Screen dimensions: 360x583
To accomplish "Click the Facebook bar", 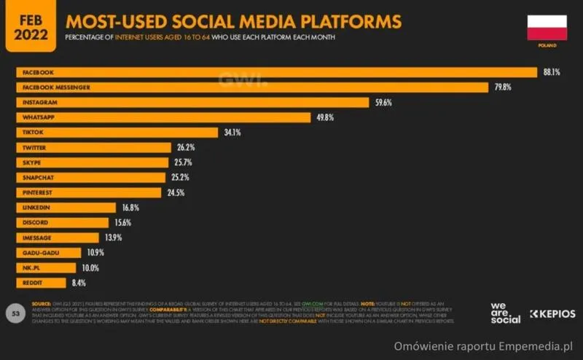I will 277,72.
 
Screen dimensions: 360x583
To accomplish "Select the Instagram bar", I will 192,102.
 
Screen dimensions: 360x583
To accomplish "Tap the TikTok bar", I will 117,133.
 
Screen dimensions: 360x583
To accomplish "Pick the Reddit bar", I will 41,282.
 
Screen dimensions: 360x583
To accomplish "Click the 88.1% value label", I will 550,72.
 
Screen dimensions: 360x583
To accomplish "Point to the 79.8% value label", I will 502,87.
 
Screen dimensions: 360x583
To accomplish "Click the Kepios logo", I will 552,314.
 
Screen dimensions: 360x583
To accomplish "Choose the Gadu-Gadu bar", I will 49,252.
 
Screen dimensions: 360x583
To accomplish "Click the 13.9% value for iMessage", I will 112,238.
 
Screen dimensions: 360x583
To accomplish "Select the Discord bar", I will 62,222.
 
